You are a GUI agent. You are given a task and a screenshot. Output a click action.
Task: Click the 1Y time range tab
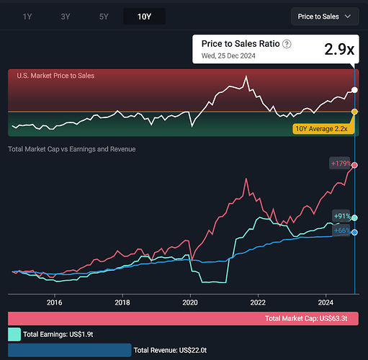point(27,17)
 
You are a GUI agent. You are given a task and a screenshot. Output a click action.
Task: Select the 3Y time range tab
point(66,17)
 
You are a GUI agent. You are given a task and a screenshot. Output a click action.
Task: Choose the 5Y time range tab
point(104,17)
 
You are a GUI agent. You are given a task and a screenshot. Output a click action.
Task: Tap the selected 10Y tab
point(144,17)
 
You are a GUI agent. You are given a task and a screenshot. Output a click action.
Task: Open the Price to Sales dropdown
point(325,17)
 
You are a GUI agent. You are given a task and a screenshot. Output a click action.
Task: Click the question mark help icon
point(287,44)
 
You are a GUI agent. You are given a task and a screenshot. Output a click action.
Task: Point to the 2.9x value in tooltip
point(339,49)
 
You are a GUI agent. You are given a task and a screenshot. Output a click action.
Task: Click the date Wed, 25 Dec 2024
point(228,55)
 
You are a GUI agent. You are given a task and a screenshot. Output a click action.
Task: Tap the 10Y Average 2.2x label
point(321,129)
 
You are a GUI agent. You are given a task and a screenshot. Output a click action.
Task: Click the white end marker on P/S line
point(354,90)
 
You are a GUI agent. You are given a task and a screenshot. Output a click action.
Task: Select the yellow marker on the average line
point(354,112)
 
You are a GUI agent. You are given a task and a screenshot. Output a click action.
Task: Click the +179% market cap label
point(341,163)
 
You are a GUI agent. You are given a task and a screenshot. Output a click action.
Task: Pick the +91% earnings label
point(342,216)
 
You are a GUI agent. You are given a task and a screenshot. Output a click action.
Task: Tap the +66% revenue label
point(342,230)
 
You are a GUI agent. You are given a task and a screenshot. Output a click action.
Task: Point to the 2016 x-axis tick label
point(55,302)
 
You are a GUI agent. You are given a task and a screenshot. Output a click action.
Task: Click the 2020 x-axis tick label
point(190,302)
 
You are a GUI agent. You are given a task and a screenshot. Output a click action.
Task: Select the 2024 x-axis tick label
point(326,302)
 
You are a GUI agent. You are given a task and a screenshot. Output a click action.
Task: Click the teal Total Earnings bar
point(14,334)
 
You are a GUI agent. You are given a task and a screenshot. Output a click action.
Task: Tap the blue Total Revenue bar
point(70,350)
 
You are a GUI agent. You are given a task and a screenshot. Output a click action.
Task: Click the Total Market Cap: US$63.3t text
point(306,318)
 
